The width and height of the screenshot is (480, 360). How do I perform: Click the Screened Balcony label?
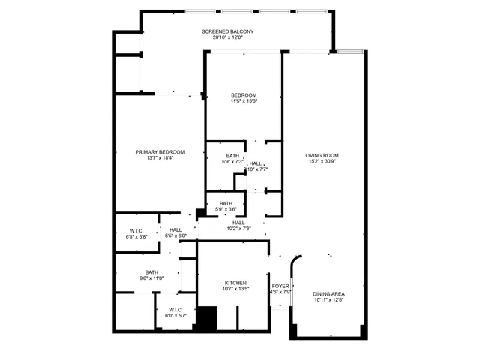228,31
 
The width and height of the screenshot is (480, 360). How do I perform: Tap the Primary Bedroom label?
160,152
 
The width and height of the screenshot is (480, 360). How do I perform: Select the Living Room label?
322,155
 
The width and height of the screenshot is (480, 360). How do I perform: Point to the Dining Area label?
328,293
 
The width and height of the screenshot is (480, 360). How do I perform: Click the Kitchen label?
235,283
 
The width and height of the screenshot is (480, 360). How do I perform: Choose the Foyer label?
280,286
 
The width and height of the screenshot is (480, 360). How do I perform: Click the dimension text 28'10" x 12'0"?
228,38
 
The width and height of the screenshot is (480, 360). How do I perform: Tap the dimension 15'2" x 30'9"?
322,162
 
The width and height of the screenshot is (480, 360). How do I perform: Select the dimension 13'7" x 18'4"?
160,159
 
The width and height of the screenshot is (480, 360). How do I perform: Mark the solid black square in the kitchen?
205,318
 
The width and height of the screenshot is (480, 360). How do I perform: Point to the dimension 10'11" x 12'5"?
328,300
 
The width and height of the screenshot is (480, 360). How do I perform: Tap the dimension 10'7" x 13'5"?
235,289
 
